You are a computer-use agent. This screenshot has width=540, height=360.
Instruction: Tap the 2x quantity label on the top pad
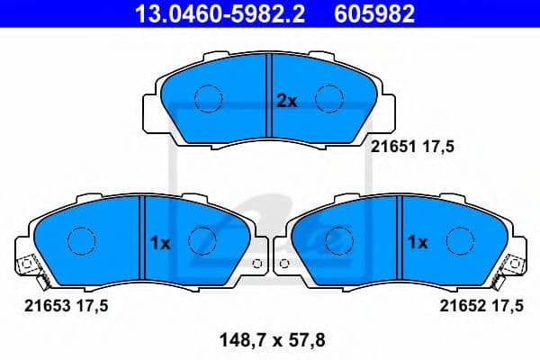(286, 102)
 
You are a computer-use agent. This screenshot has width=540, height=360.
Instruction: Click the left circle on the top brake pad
(209, 97)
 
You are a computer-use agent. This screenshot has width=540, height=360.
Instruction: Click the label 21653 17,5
(65, 306)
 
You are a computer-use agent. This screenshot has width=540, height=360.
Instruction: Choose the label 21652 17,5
(481, 306)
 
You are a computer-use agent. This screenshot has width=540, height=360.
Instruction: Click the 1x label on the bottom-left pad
(159, 242)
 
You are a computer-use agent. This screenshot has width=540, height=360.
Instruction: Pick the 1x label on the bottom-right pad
(417, 242)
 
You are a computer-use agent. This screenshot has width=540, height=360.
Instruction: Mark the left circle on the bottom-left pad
(83, 239)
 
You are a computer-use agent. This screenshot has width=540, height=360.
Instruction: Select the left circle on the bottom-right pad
(339, 239)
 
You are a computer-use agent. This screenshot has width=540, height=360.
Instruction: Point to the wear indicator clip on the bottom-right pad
(515, 266)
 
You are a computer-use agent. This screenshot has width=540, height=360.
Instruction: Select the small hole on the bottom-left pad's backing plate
(257, 265)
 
